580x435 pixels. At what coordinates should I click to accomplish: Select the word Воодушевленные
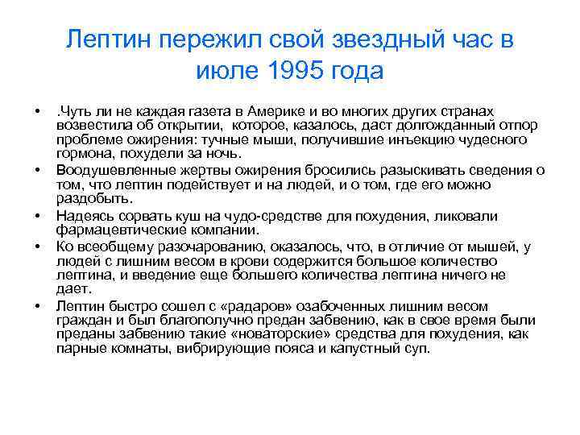point(114,170)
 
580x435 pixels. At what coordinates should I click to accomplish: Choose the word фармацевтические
point(114,229)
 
